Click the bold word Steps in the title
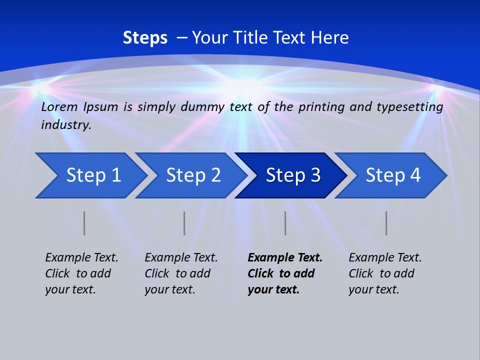click(x=145, y=38)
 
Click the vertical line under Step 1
click(x=84, y=223)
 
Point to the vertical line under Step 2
click(x=184, y=223)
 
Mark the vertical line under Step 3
click(x=285, y=223)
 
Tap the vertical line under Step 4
click(x=386, y=223)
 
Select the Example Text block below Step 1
click(x=81, y=273)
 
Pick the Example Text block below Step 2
click(x=181, y=273)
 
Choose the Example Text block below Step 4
click(x=385, y=273)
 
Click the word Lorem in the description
click(x=59, y=107)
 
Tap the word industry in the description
click(x=66, y=125)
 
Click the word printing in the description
click(x=317, y=107)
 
